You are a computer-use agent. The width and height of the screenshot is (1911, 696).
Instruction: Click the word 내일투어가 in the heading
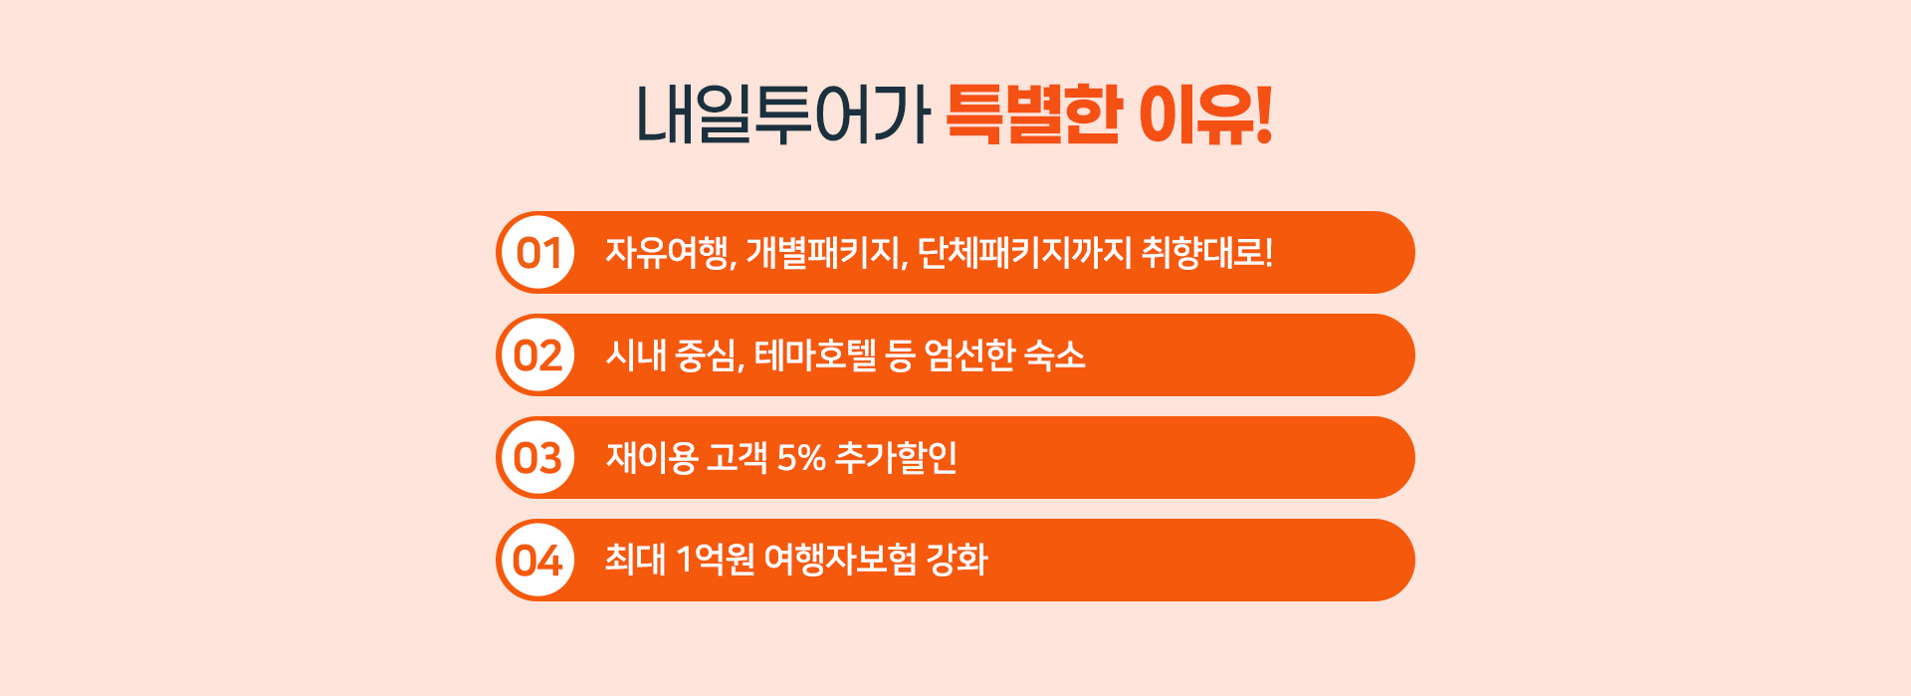pos(783,115)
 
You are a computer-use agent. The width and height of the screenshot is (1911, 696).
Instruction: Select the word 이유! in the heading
pos(1205,115)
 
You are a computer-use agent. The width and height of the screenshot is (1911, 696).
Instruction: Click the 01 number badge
pos(537,253)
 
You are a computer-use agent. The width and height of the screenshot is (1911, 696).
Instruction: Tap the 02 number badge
pos(537,355)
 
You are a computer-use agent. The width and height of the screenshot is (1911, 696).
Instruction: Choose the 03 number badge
pos(537,458)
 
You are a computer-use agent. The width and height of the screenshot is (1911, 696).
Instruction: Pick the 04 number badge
pos(537,561)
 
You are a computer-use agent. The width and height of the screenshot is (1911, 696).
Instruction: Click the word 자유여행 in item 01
pos(668,253)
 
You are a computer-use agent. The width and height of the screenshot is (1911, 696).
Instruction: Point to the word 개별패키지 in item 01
pos(824,253)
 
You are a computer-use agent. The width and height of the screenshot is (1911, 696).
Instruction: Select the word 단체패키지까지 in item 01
pos(1024,253)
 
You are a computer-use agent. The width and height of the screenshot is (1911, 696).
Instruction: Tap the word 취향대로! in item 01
pos(1207,253)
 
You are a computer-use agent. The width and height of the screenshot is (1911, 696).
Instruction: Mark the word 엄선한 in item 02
pos(970,355)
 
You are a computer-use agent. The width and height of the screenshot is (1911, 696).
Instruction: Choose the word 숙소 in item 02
pos(1055,355)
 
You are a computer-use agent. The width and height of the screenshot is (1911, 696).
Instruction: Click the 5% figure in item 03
pos(801,458)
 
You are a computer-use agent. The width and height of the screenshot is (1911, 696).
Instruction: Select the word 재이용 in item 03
pos(652,458)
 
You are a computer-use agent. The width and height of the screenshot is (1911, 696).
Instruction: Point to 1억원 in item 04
pos(716,561)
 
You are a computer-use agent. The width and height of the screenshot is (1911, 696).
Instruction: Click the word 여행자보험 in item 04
pos(840,561)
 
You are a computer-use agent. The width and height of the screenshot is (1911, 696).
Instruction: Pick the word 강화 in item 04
pos(957,561)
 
